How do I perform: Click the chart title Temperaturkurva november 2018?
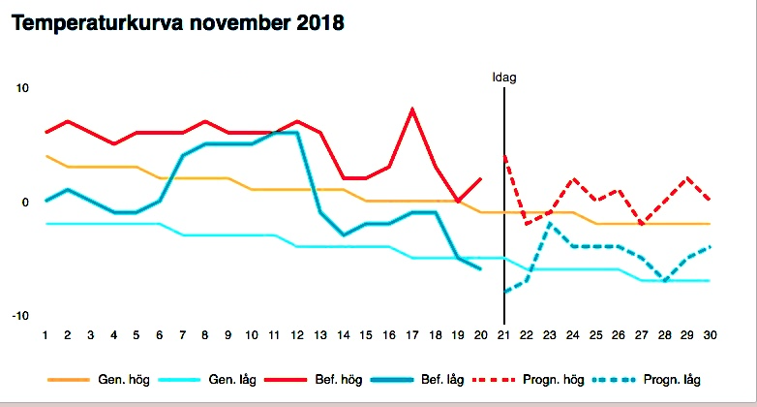[177, 22]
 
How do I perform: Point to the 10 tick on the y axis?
[22, 88]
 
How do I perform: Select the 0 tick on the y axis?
[26, 203]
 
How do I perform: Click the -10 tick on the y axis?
[20, 316]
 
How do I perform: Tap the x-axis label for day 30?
[710, 335]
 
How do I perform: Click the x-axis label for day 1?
[45, 335]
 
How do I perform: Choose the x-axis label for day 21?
[504, 335]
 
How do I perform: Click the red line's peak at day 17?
[413, 110]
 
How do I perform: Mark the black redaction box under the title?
[220, 52]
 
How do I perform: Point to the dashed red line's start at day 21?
[504, 156]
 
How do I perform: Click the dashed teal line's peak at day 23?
[550, 224]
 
